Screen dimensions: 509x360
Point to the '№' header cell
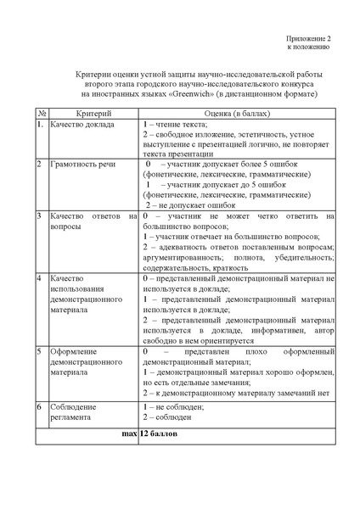tap(41, 113)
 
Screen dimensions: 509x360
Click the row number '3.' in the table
tap(39, 215)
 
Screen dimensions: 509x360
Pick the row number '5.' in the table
tap(39, 350)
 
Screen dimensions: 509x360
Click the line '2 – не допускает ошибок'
tap(190, 204)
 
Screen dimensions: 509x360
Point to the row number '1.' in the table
tap(39, 124)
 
